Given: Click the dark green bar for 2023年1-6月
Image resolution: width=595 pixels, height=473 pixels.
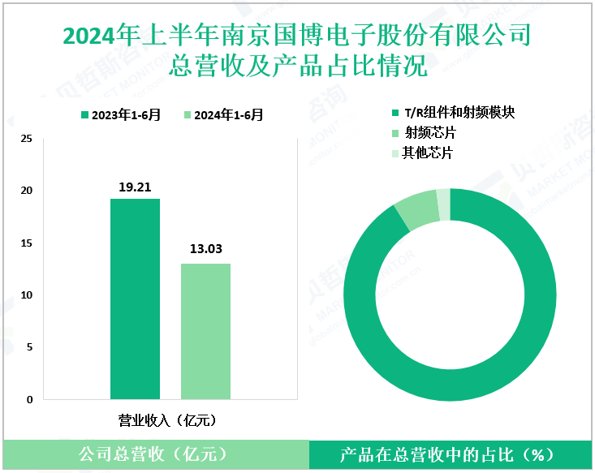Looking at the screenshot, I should pos(135,299).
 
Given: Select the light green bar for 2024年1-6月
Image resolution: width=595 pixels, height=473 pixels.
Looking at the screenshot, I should pos(205,331).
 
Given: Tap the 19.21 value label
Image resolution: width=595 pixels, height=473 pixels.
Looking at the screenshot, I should pos(135,187).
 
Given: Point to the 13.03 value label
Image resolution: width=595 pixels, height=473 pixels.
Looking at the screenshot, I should pos(205,251).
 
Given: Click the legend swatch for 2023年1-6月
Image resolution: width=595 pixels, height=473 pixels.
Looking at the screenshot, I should pos(85,115).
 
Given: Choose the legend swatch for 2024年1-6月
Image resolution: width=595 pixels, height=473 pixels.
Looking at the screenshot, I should pos(188,115).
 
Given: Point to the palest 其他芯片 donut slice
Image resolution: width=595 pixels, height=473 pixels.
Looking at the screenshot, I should pos(443,204).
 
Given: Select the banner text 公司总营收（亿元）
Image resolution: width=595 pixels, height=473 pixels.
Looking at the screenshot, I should pos(153,454).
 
